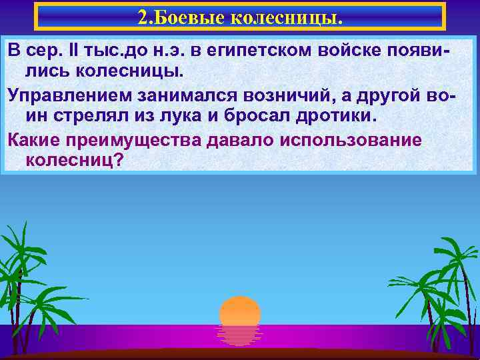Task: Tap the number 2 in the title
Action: tap(142, 17)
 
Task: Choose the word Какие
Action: tap(33, 139)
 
